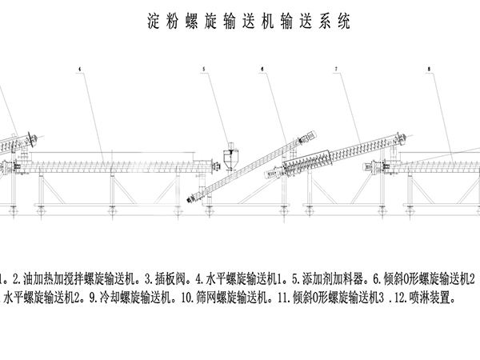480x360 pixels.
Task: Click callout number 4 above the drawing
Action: point(80,70)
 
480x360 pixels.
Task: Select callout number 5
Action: point(204,70)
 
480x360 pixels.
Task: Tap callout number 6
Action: point(263,70)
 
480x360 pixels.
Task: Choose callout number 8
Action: point(430,70)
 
